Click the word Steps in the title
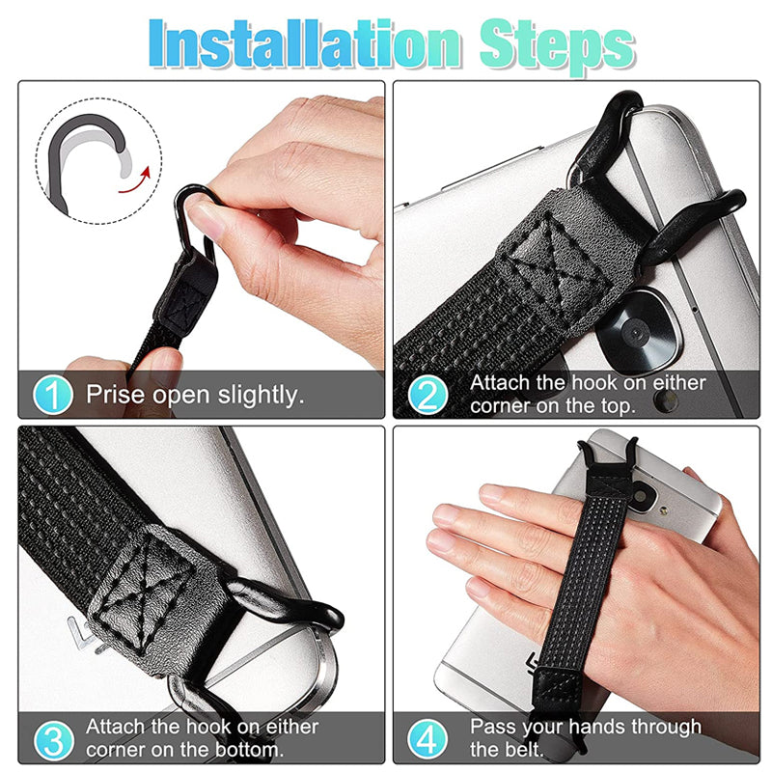tap(548, 42)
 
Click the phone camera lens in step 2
tap(632, 333)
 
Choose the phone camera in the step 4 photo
tap(656, 503)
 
